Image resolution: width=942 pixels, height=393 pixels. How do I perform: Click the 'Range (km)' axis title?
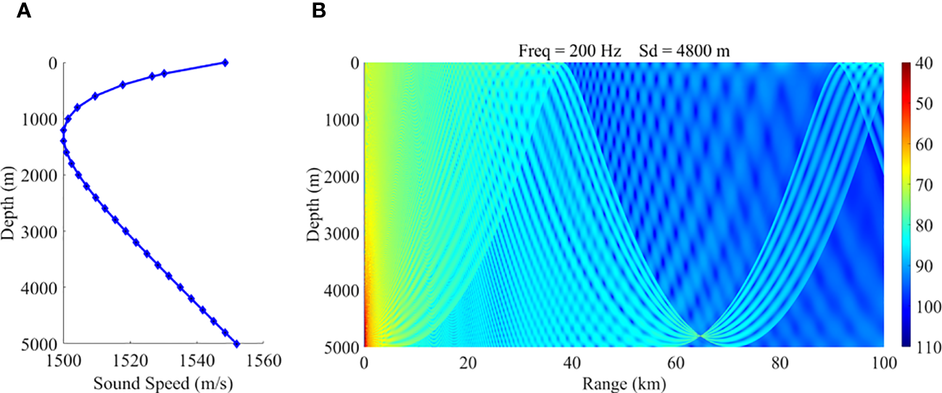click(x=623, y=382)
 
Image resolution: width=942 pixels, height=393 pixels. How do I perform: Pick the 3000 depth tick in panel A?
click(x=40, y=231)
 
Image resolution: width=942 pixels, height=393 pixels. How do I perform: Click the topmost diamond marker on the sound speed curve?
click(x=225, y=63)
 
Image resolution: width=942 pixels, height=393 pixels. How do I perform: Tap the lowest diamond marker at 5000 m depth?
click(x=236, y=344)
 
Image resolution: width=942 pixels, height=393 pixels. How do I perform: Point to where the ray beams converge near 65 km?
click(x=701, y=336)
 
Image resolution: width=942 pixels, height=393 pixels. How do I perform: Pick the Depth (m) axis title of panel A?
click(x=10, y=203)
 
